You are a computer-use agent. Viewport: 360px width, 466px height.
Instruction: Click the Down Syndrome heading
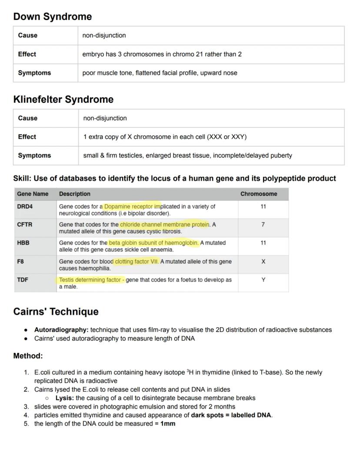click(x=52, y=17)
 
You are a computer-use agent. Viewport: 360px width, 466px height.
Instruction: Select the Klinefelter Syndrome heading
click(x=63, y=99)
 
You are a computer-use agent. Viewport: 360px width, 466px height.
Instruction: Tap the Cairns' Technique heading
click(x=56, y=312)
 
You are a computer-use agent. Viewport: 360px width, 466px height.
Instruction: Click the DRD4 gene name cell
click(x=25, y=207)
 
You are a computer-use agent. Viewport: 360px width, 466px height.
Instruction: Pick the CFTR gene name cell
click(x=25, y=225)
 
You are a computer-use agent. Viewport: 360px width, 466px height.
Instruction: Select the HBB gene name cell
click(x=23, y=243)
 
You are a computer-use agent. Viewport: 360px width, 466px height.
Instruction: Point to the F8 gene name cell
click(x=20, y=261)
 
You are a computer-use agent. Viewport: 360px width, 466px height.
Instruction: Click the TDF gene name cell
click(x=23, y=280)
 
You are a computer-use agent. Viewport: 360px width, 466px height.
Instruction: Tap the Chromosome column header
click(x=258, y=194)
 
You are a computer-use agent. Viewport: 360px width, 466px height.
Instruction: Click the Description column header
click(x=75, y=194)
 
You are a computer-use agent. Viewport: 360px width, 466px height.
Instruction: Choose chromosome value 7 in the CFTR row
click(x=263, y=225)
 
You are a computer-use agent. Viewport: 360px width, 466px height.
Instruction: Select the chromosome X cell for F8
click(x=263, y=261)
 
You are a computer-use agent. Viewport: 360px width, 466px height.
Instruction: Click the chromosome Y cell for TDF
click(x=263, y=280)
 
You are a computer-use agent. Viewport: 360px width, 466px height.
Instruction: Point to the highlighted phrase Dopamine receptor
click(x=132, y=207)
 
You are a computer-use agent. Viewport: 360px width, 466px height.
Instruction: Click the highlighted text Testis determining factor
click(x=90, y=280)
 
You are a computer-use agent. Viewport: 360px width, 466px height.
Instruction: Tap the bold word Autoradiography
click(x=61, y=330)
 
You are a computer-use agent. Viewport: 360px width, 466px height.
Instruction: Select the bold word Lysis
click(x=64, y=398)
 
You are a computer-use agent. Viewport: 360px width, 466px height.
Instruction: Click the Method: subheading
click(x=28, y=356)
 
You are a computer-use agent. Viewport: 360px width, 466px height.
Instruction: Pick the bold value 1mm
click(x=168, y=423)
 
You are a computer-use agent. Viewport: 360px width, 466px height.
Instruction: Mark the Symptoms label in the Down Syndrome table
click(x=34, y=73)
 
